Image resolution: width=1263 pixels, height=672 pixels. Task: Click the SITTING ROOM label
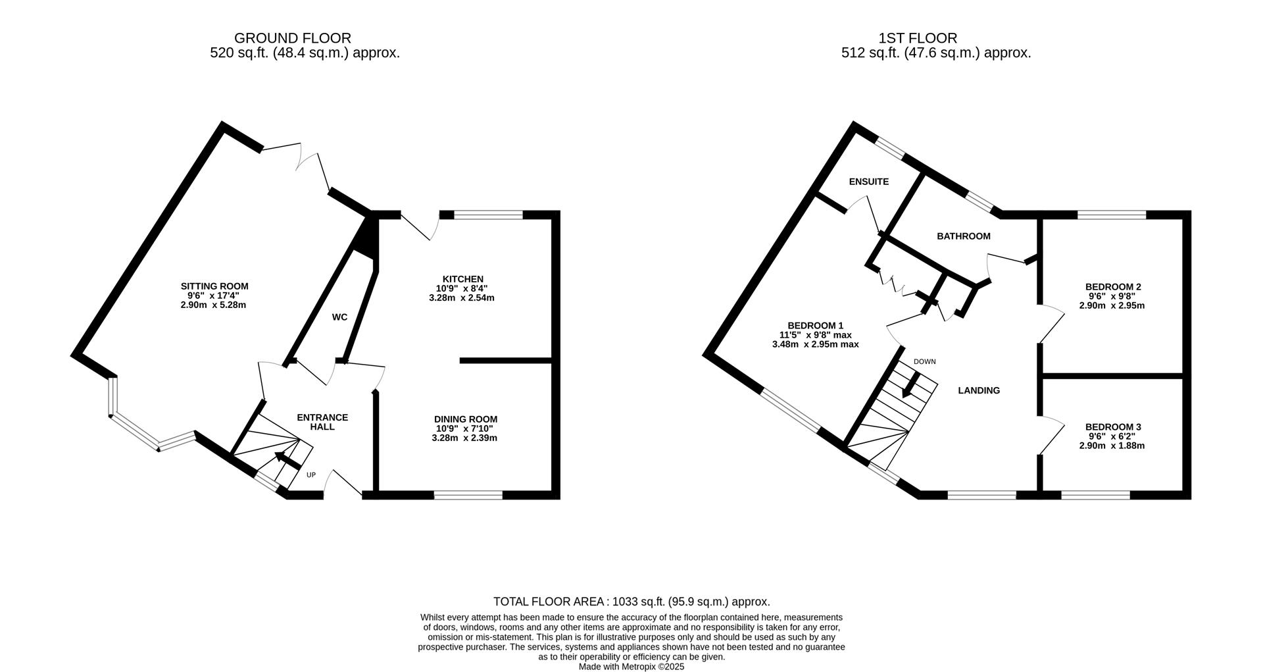tap(214, 286)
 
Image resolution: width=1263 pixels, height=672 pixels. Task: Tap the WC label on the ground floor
tap(339, 317)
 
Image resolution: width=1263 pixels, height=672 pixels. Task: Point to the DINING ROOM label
tap(465, 419)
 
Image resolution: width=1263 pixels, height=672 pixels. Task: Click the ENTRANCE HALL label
tap(322, 422)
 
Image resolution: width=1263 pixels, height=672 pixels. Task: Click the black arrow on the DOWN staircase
tap(912, 385)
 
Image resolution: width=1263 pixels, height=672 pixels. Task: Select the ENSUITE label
tap(868, 182)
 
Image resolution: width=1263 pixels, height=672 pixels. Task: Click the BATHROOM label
tap(963, 236)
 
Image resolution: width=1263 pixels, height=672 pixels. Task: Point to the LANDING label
tap(978, 390)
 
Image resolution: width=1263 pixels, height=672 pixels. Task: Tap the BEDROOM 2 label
tap(1112, 287)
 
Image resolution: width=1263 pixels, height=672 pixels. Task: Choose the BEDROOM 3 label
tap(1112, 427)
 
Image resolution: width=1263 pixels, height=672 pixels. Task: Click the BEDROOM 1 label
tap(815, 326)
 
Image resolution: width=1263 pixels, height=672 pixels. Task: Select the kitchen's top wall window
tap(488, 214)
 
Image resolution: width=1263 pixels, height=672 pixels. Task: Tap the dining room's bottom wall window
tap(468, 494)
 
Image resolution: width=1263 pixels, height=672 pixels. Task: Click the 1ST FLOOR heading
tap(917, 38)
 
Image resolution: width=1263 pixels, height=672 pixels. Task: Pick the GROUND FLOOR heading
tap(292, 38)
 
